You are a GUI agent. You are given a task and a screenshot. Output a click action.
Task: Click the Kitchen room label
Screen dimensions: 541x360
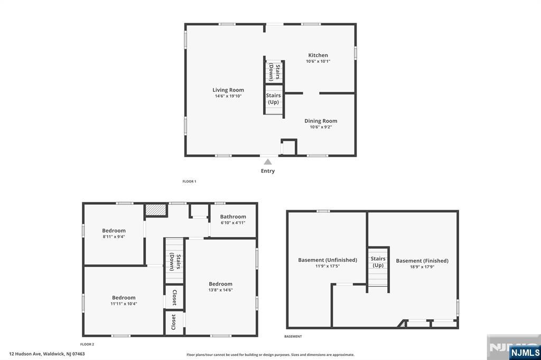318,55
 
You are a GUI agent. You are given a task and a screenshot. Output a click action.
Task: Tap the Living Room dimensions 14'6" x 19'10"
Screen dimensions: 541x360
228,96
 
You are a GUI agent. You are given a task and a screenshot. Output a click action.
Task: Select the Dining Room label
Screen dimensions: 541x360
321,121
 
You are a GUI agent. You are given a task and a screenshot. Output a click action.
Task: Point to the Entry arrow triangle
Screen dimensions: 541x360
268,162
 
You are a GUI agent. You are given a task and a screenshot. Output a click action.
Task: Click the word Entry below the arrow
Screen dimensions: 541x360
268,171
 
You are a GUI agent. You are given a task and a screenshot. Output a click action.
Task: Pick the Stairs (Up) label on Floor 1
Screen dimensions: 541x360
273,99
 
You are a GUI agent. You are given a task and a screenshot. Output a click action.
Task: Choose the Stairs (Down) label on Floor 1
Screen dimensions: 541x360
275,71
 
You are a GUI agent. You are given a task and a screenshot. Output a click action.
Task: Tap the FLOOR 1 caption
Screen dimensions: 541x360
189,182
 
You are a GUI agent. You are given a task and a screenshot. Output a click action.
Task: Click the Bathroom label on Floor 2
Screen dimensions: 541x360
233,216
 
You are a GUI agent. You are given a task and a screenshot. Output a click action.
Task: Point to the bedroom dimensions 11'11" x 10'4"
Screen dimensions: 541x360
124,304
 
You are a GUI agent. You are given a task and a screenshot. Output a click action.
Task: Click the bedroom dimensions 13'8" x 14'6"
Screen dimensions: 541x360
220,290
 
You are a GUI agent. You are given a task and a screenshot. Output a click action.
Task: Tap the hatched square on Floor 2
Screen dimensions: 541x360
156,210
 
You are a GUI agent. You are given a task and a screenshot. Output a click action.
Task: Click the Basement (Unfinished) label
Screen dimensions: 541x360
328,260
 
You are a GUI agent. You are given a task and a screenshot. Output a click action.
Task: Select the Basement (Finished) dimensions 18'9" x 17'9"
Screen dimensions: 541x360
422,267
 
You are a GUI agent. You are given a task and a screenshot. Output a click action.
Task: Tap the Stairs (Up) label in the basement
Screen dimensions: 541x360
378,262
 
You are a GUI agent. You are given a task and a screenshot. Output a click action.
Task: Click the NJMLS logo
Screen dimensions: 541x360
525,352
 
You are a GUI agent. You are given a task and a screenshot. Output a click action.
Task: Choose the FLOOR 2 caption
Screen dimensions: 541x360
87,345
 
